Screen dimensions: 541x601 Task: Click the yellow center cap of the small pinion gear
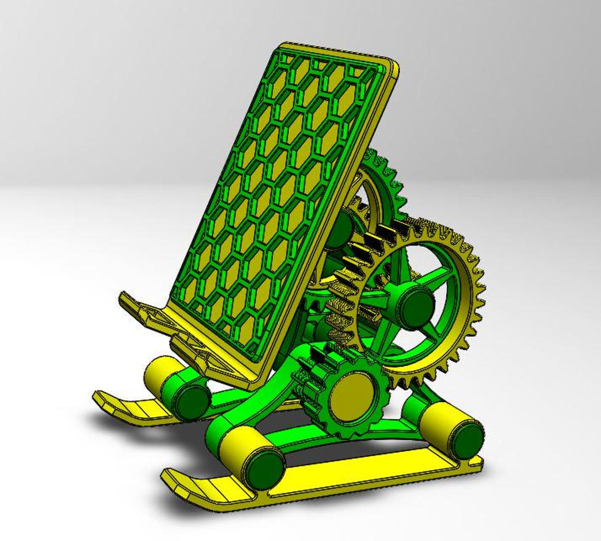coord(351,396)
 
